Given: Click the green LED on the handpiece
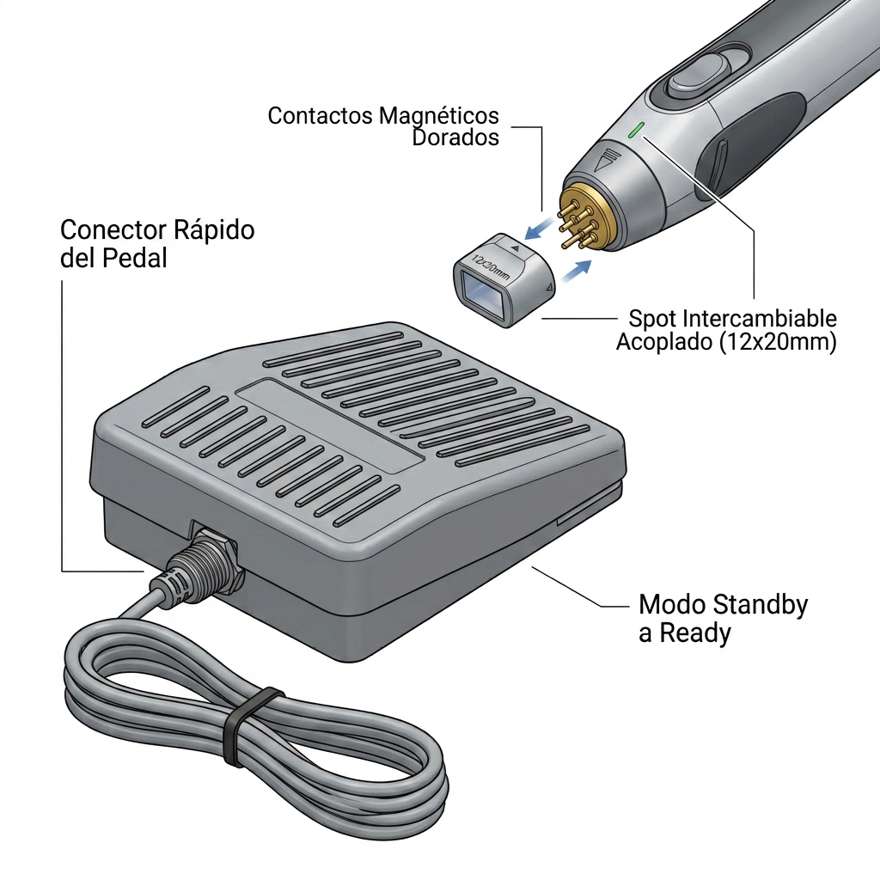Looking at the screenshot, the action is pos(635,131).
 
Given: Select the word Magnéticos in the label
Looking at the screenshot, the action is pos(439,116).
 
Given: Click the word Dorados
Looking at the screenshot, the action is pos(455,137).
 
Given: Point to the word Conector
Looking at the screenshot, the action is pos(113,230).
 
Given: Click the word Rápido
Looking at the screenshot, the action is pos(214,230).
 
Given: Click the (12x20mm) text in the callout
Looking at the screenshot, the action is pos(777,342).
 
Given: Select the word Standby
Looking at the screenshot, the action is pos(761,606).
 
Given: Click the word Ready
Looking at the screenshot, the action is pos(694,634).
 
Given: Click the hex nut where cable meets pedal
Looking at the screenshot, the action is pos(221,558).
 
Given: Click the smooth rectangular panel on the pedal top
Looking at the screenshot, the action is pos(330,426).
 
